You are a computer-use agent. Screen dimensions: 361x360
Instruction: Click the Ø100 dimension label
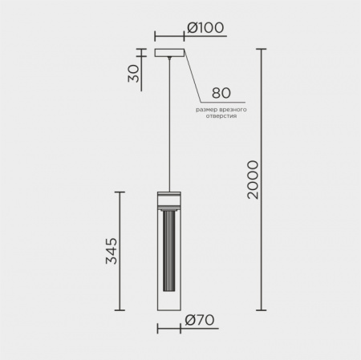[205, 27]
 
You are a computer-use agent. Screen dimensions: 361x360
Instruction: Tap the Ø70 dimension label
[200, 320]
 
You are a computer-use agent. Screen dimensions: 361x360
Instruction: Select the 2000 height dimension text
[253, 180]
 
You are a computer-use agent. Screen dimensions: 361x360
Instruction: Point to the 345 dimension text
[112, 251]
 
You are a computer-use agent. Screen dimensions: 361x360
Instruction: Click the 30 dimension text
[133, 74]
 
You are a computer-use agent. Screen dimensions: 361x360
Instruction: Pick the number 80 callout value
[221, 93]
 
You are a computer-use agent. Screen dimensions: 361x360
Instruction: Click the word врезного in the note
[233, 110]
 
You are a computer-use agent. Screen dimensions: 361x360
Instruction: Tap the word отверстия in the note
[221, 116]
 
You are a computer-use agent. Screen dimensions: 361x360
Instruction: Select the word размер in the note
[207, 110]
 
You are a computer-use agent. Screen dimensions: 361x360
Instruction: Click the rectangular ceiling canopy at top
[169, 53]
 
